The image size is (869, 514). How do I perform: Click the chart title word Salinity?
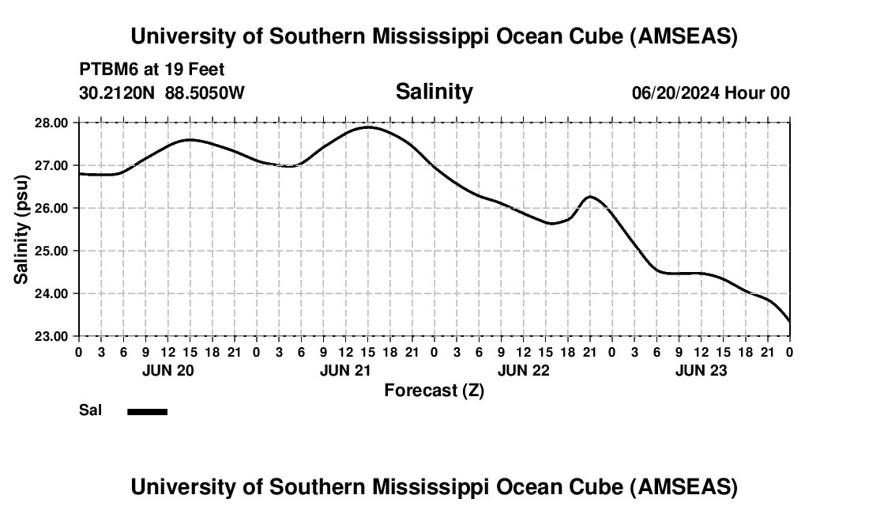click(x=434, y=92)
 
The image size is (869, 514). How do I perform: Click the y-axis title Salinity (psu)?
click(x=22, y=229)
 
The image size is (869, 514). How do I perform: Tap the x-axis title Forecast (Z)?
click(x=434, y=390)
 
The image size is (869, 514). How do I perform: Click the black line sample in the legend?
click(x=147, y=411)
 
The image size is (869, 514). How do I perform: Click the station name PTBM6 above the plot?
click(x=106, y=70)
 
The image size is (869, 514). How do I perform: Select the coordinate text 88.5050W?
click(x=205, y=93)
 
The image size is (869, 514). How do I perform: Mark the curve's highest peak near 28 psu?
click(x=367, y=127)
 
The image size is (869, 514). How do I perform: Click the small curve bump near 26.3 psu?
click(x=589, y=196)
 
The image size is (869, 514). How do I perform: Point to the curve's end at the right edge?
click(x=789, y=321)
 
